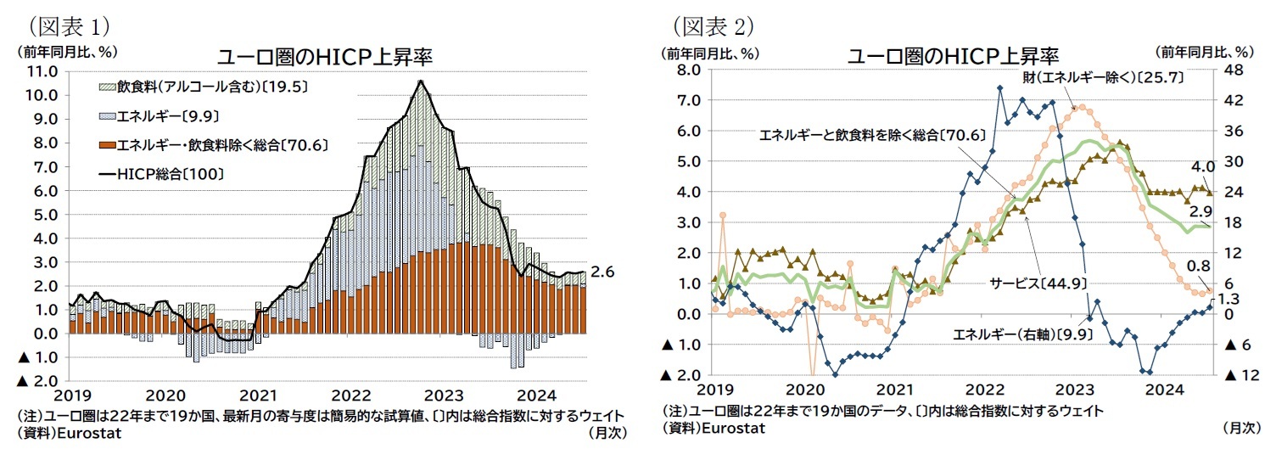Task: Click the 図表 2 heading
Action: click(x=712, y=26)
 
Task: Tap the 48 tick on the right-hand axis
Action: click(x=1232, y=70)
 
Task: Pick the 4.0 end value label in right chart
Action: click(x=1202, y=167)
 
